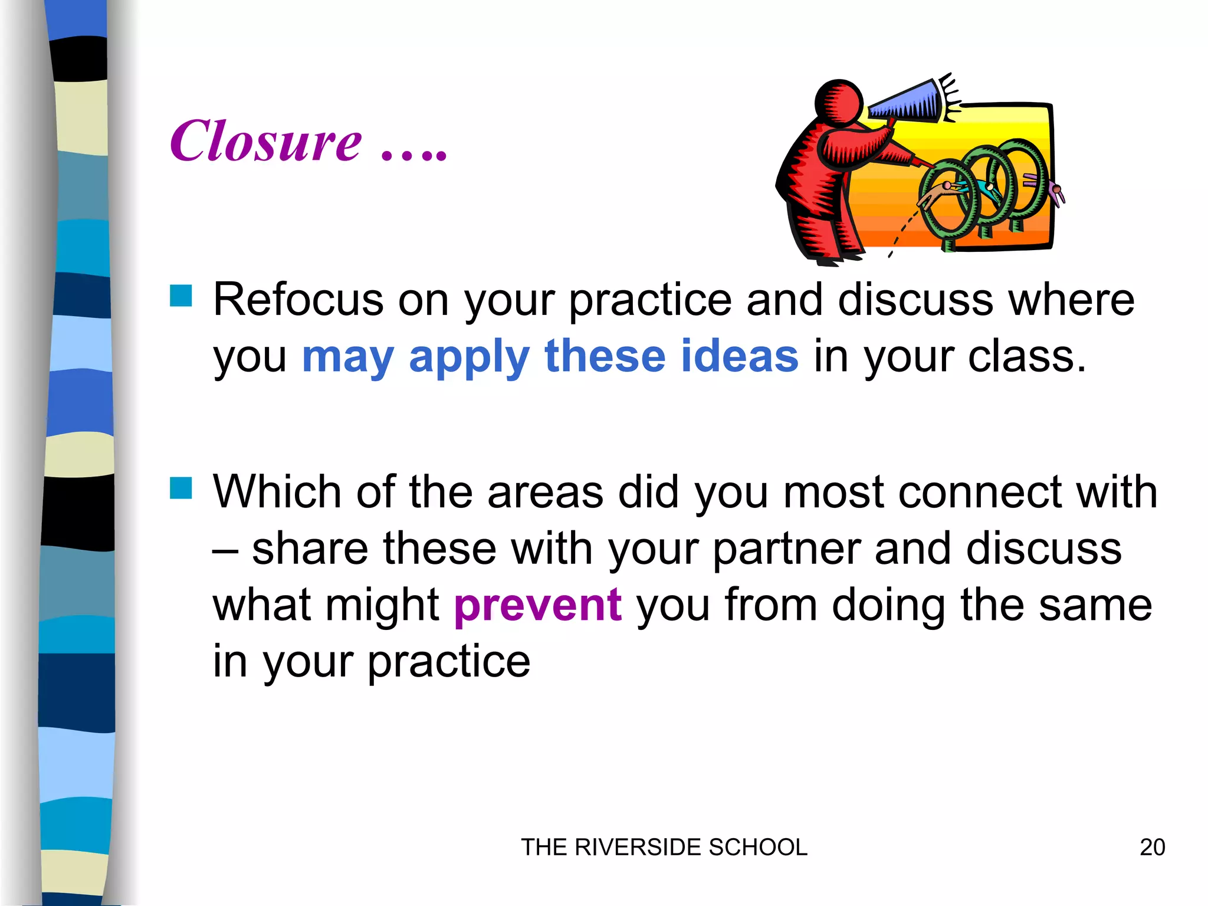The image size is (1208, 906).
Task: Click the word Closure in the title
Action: point(265,142)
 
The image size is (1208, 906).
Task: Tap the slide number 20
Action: point(1152,848)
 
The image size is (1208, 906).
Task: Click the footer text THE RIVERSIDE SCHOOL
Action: point(664,848)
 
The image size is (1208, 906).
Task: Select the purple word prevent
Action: point(537,606)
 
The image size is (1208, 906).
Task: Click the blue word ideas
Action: point(740,356)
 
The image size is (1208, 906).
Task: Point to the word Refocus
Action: point(298,300)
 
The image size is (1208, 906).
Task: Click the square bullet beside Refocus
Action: point(181,296)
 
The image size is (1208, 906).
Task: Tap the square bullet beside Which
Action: point(181,488)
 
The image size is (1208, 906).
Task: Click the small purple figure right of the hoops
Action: point(1055,192)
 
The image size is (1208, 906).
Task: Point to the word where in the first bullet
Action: point(1071,300)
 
